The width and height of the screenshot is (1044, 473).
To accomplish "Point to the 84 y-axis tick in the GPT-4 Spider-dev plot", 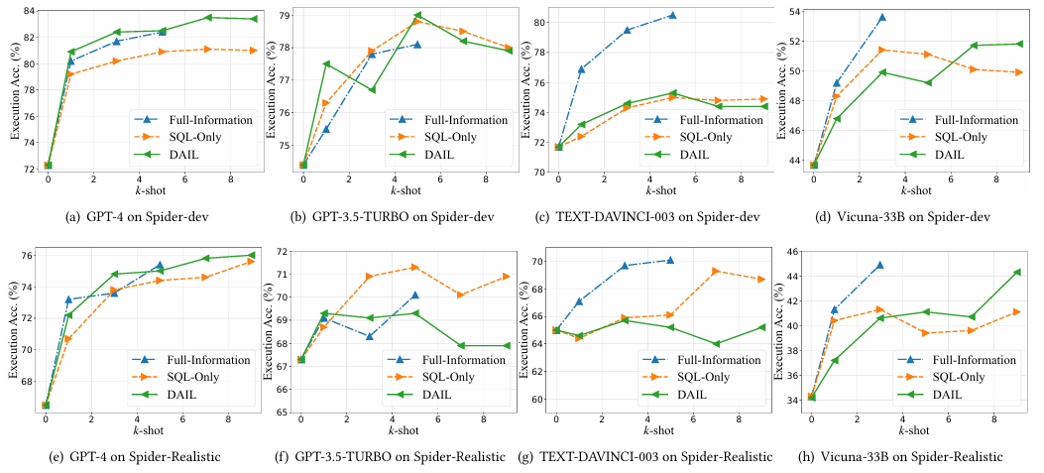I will click(x=28, y=11).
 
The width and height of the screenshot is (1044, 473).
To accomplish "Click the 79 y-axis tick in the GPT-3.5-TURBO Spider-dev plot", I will click(x=283, y=15).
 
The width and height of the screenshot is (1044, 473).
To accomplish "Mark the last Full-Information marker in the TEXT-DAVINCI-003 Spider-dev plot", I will click(x=672, y=15).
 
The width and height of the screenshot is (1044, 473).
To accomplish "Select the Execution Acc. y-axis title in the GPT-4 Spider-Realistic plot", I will click(x=11, y=332).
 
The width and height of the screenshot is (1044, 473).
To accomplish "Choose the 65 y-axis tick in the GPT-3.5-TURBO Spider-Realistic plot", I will click(x=283, y=412).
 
